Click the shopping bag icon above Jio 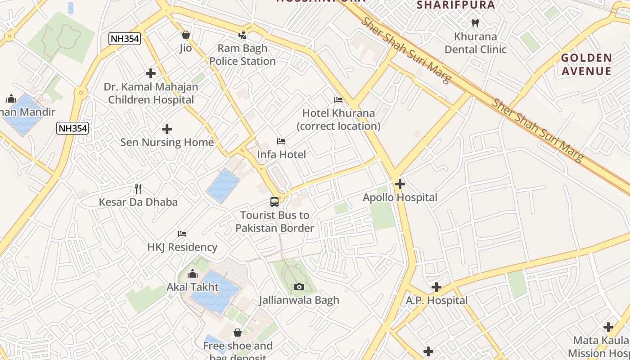185,35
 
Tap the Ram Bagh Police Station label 243,55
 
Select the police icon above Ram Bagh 243,35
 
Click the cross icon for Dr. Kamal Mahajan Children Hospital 151,73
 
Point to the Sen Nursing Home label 167,142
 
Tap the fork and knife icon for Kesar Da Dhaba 138,189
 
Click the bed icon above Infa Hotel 281,141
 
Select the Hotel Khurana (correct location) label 338,120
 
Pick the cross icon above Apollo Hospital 400,184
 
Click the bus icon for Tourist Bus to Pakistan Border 274,202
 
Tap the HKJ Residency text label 182,247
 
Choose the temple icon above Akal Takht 193,274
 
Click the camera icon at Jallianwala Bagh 299,287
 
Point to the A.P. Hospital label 436,300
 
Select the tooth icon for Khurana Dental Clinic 475,23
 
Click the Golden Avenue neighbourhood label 586,64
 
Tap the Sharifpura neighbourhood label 456,5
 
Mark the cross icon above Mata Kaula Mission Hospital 608,327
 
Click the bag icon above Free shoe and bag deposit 237,333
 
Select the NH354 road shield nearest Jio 125,39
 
